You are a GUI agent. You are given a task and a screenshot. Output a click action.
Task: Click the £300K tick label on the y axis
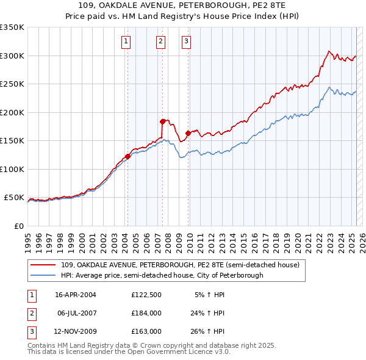pyautogui.click(x=12, y=56)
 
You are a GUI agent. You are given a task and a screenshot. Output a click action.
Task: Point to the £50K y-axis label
pyautogui.click(x=14, y=198)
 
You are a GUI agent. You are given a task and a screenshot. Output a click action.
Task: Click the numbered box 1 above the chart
pyautogui.click(x=125, y=41)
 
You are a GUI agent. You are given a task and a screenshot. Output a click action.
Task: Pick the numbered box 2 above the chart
pyautogui.click(x=160, y=41)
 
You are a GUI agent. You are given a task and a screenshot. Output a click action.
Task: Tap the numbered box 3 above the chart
pyautogui.click(x=185, y=41)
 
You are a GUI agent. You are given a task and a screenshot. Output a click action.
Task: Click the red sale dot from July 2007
pyautogui.click(x=163, y=121)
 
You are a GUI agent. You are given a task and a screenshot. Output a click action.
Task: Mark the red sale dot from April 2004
pyautogui.click(x=127, y=156)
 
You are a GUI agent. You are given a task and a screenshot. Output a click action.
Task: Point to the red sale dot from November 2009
pyautogui.click(x=188, y=133)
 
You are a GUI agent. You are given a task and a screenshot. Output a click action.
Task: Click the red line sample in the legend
pyautogui.click(x=43, y=265)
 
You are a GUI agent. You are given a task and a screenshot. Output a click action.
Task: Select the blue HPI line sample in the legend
pyautogui.click(x=43, y=275)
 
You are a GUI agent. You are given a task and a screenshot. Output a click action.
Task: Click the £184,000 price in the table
pyautogui.click(x=146, y=313)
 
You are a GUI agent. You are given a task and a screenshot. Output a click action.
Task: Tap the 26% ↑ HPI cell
pyautogui.click(x=207, y=331)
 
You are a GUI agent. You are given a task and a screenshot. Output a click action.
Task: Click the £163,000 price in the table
pyautogui.click(x=146, y=331)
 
